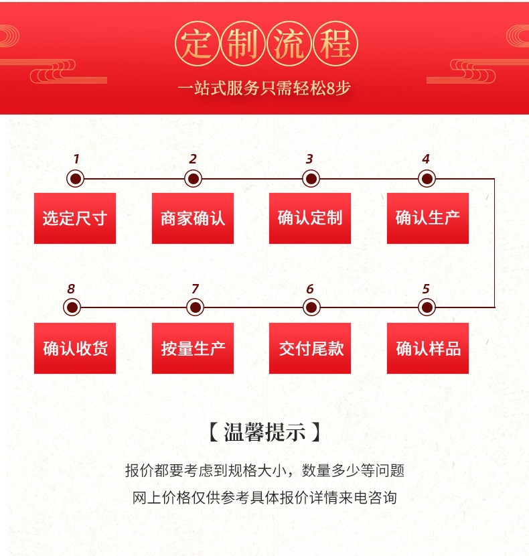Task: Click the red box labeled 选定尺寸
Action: coord(75,218)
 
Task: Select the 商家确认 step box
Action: coord(193,218)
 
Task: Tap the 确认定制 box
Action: coord(310,218)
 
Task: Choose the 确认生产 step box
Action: coord(428,218)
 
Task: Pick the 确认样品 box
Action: coord(428,348)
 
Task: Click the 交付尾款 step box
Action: coord(310,348)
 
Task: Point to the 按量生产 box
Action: coord(193,348)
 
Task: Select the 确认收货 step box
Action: coord(75,348)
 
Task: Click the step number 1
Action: coord(76,159)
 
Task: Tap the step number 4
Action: coord(426,159)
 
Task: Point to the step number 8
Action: coord(71,289)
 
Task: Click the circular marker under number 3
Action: coord(310,179)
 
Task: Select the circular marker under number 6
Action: coord(310,308)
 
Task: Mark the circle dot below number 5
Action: coord(427,308)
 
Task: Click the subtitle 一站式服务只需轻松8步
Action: coord(264,88)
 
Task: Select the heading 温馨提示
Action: coord(264,432)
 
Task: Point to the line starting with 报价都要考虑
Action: coord(264,470)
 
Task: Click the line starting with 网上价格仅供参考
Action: coord(264,498)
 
